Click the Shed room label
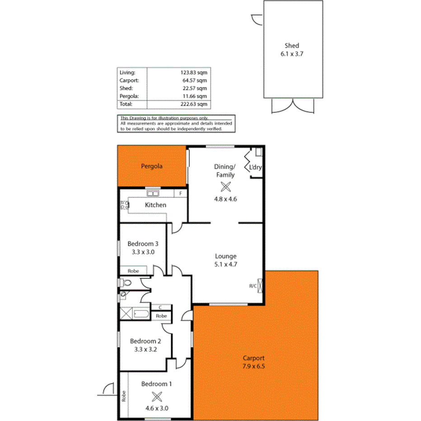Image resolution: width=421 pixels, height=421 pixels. point(292,46)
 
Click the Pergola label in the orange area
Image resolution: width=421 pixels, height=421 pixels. point(152,166)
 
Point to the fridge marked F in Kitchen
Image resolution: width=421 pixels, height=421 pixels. point(181,193)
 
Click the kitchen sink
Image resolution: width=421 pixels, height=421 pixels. point(152,194)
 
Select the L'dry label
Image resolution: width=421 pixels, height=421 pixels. point(256,168)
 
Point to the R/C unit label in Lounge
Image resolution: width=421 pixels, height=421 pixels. point(253,285)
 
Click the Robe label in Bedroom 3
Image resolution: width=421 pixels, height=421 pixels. point(133,271)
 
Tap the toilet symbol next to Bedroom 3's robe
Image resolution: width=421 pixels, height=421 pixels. point(126,283)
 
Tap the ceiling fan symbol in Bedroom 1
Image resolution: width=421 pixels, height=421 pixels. point(157,396)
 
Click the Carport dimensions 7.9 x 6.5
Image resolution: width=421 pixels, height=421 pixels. point(253,366)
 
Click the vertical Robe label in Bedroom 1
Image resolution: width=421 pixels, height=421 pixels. point(123,396)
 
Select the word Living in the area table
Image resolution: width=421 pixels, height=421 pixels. point(127,72)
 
